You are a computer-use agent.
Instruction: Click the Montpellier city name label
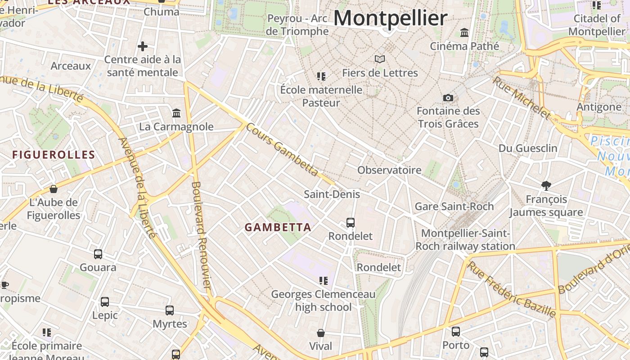[x=390, y=18]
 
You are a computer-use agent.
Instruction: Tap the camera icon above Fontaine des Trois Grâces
[x=448, y=98]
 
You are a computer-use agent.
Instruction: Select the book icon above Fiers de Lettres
[x=380, y=59]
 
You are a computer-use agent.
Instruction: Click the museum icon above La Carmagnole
[x=176, y=113]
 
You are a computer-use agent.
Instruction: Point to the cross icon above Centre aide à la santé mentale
[x=143, y=46]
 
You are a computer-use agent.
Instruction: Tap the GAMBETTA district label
[x=278, y=227]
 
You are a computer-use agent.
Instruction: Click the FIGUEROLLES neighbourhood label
[x=54, y=155]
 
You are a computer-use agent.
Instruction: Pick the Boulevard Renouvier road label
[x=201, y=234]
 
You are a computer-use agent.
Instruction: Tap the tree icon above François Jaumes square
[x=546, y=185]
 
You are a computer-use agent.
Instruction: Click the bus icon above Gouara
[x=98, y=254]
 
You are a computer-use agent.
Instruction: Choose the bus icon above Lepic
[x=105, y=302]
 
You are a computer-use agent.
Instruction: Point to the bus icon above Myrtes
[x=170, y=310]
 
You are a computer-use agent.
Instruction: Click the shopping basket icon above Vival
[x=321, y=333]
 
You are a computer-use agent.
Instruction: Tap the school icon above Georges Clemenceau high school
[x=323, y=281]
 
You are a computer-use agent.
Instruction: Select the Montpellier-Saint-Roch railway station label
[x=465, y=240]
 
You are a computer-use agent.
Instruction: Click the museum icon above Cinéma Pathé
[x=464, y=33]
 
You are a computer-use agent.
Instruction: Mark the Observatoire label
[x=389, y=170]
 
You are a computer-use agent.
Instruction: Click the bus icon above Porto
[x=456, y=332]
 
